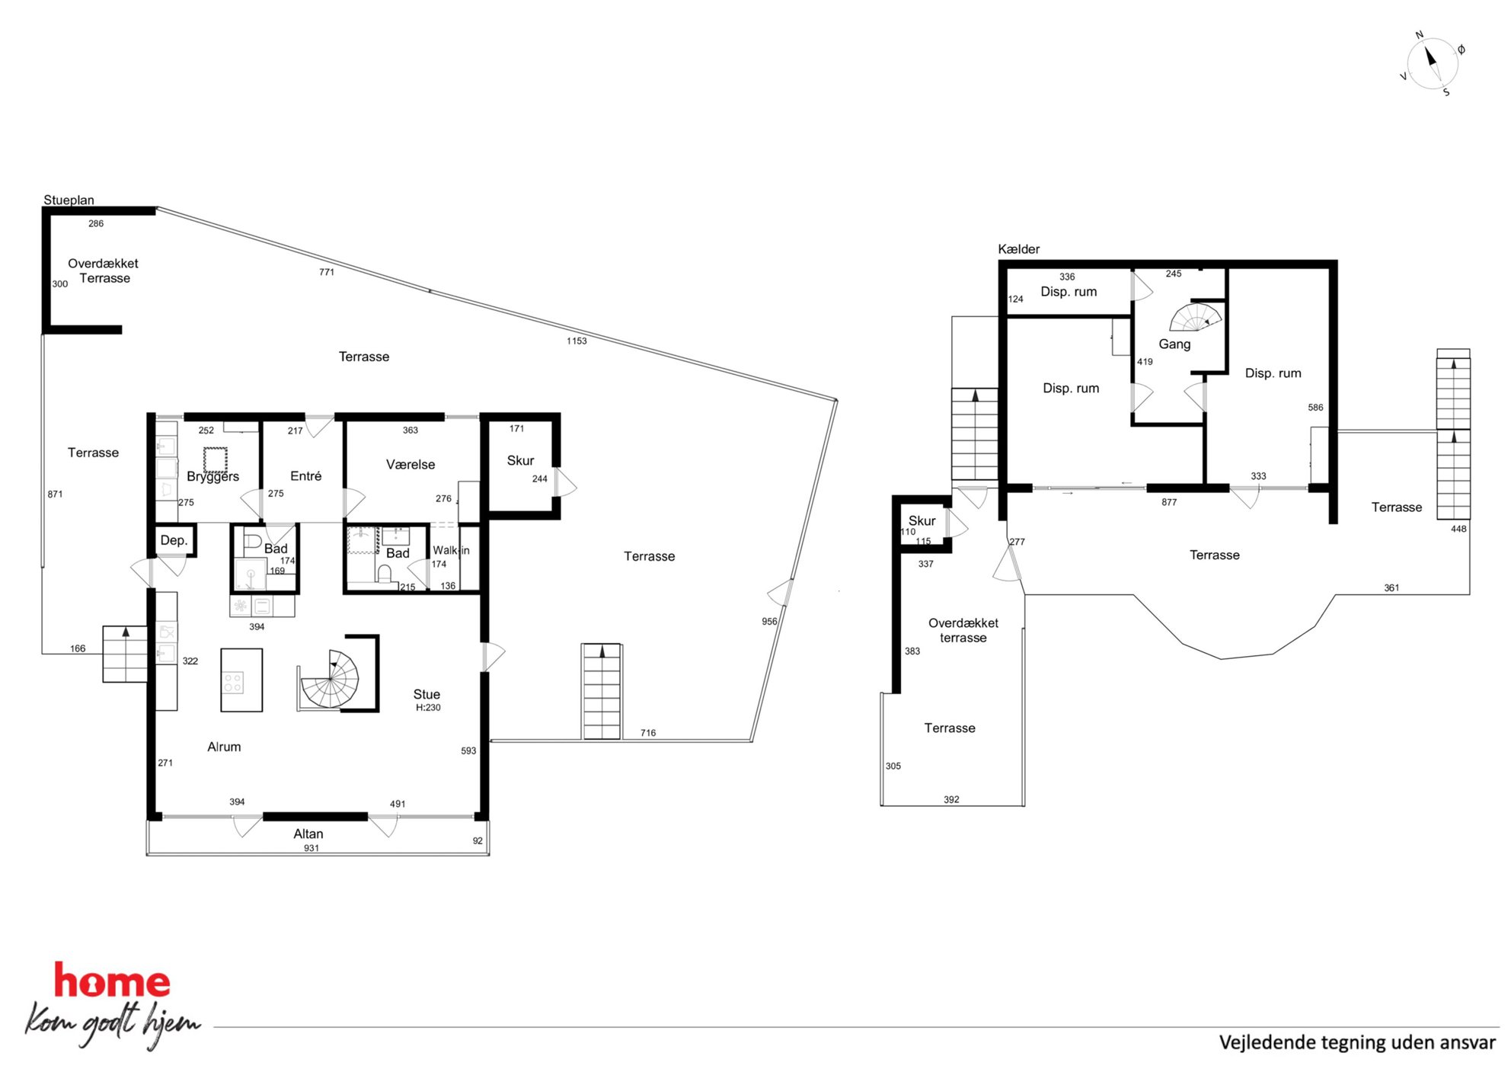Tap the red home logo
(x=112, y=981)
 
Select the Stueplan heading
(x=69, y=200)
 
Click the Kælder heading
(x=1018, y=249)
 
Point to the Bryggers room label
(x=212, y=477)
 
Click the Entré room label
(x=305, y=476)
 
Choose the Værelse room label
(x=410, y=465)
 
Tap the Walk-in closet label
(x=451, y=550)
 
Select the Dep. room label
(x=174, y=540)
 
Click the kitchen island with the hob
(x=241, y=680)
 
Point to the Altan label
(x=308, y=834)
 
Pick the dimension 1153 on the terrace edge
(x=577, y=341)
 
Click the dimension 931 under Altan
(x=311, y=848)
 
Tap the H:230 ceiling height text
(x=428, y=708)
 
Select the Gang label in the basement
(x=1174, y=344)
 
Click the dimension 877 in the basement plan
(x=1169, y=502)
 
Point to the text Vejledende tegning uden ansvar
(x=1357, y=1042)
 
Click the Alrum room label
(x=224, y=747)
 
